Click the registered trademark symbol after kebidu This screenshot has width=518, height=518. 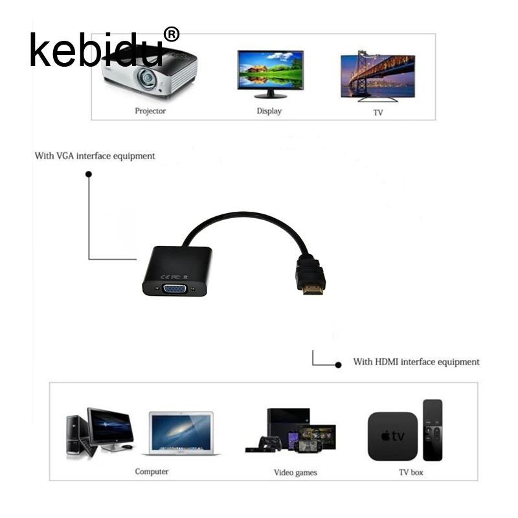(172, 34)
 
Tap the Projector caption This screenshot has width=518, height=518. (150, 111)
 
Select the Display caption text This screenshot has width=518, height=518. (269, 111)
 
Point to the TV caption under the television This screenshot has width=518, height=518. (378, 113)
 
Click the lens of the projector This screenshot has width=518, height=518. (146, 78)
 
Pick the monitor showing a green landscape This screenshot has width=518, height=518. (271, 74)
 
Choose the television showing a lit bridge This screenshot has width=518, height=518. (378, 76)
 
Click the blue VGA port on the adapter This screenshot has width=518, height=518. (175, 289)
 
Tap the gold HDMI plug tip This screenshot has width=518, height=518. (313, 290)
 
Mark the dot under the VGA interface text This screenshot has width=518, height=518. (89, 174)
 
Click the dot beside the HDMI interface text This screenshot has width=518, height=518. (338, 365)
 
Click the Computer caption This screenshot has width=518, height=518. (152, 471)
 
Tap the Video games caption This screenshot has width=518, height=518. (295, 473)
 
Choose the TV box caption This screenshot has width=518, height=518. (411, 473)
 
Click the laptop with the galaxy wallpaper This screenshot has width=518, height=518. (181, 433)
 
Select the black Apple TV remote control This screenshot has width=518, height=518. (433, 430)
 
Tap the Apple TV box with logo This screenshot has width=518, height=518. (393, 436)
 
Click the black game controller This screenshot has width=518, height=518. (271, 444)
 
